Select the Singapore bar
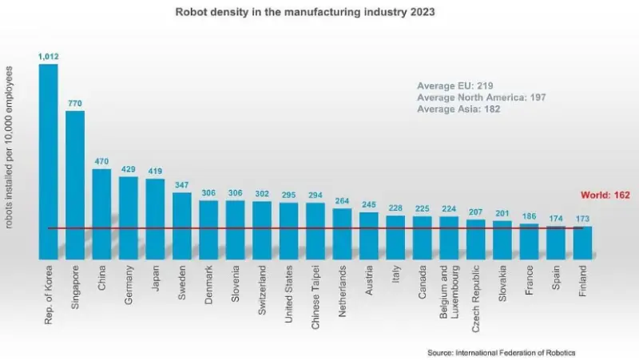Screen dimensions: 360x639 click(x=75, y=184)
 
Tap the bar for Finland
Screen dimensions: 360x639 click(x=583, y=243)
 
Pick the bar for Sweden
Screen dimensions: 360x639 click(x=182, y=225)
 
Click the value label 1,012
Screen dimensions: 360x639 click(x=48, y=57)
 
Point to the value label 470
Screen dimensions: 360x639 click(x=101, y=162)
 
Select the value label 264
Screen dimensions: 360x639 click(x=342, y=201)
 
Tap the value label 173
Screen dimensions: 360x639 click(x=583, y=219)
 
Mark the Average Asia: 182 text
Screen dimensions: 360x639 click(x=458, y=109)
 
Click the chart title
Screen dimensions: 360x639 click(x=320, y=14)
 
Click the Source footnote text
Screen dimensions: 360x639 click(x=501, y=352)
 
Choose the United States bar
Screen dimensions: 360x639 click(x=288, y=231)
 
